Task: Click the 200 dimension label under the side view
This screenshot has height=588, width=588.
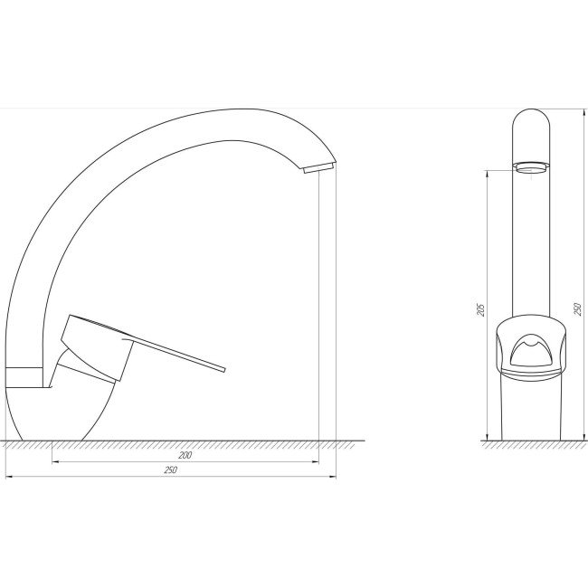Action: pyautogui.click(x=185, y=455)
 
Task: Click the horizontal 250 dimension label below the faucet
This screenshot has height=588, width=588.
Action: pyautogui.click(x=170, y=470)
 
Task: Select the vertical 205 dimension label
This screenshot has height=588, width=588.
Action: pyautogui.click(x=481, y=309)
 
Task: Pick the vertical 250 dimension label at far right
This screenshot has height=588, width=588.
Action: pyautogui.click(x=578, y=309)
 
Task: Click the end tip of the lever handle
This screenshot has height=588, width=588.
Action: pyautogui.click(x=224, y=369)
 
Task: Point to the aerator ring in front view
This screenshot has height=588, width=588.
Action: pyautogui.click(x=531, y=166)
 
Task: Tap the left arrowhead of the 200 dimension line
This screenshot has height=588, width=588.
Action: pyautogui.click(x=55, y=462)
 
